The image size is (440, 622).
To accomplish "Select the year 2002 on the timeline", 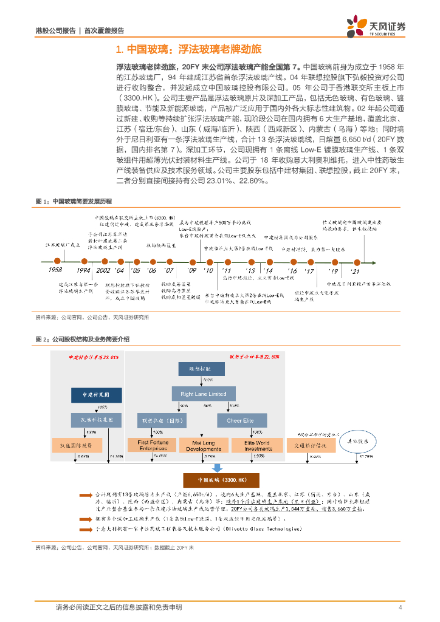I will click(103, 270).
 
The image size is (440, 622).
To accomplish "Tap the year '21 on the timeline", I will click(356, 270).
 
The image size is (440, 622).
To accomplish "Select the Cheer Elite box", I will click(241, 420).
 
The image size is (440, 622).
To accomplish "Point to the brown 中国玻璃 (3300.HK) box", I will click(210, 482).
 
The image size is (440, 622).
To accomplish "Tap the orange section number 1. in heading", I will click(120, 49).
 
